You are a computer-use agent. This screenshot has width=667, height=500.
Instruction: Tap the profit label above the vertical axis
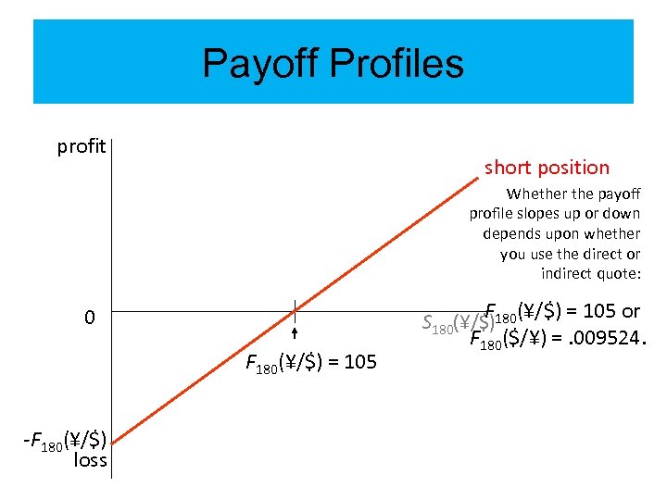pos(82,146)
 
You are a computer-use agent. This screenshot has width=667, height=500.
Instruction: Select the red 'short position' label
pos(547,168)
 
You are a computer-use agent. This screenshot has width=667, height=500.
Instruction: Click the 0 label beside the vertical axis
pos(89,318)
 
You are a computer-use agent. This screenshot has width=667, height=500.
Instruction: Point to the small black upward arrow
pos(295,334)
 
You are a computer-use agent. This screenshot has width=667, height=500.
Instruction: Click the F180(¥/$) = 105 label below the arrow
pos(311,362)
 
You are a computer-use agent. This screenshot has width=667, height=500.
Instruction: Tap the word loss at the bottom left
pos(90,460)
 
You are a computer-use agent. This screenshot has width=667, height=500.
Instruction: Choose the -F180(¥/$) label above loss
pos(64,440)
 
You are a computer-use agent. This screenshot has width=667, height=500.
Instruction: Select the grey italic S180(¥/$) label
pos(454,323)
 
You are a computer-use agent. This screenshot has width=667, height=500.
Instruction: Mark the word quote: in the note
pos(620,273)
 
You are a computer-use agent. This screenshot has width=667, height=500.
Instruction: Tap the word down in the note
pos(621,214)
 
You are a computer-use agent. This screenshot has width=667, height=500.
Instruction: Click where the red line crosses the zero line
pos(295,309)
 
